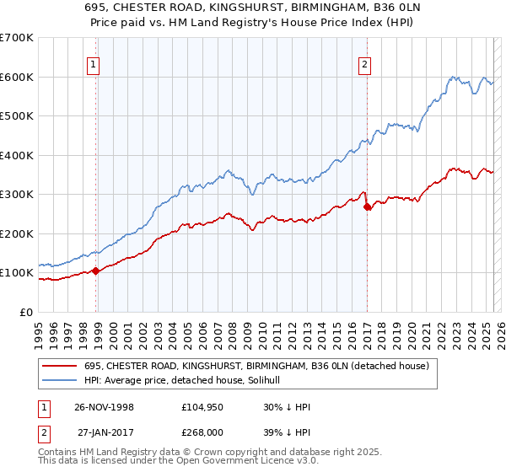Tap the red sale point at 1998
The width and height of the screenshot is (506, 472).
(95, 271)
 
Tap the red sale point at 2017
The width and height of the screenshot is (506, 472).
(367, 207)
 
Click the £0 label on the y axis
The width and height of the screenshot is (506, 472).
(26, 312)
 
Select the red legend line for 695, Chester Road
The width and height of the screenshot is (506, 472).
(59, 366)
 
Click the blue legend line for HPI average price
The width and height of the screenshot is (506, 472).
(59, 380)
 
